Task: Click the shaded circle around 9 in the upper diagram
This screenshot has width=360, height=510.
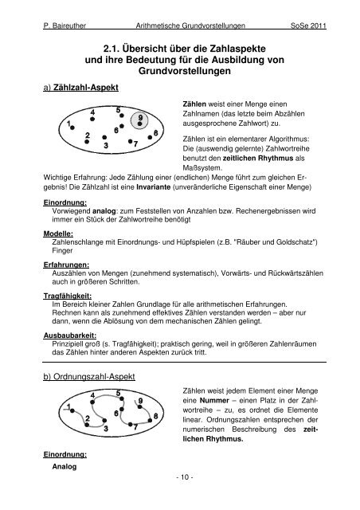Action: pos(140,119)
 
